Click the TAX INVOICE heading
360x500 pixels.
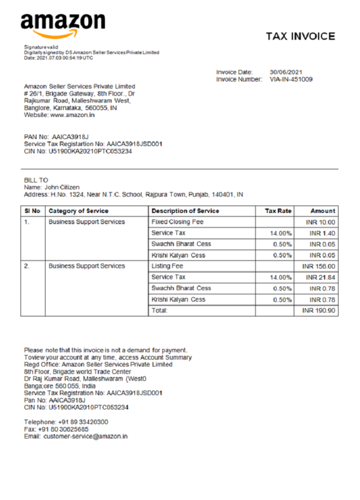point(300,36)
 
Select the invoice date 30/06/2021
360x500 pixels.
point(286,72)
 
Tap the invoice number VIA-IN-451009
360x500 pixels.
point(291,79)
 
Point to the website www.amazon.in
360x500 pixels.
point(72,114)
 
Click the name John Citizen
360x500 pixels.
point(62,187)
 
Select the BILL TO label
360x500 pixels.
point(36,180)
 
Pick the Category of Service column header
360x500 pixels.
point(78,211)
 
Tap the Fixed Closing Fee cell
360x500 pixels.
point(177,221)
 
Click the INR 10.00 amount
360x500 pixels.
point(321,222)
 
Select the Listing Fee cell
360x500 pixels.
point(167,266)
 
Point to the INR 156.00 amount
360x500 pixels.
point(319,266)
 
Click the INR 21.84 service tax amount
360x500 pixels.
point(320,277)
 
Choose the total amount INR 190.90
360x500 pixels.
point(319,311)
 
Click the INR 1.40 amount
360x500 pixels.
point(322,233)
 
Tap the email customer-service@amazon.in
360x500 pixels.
point(85,436)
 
